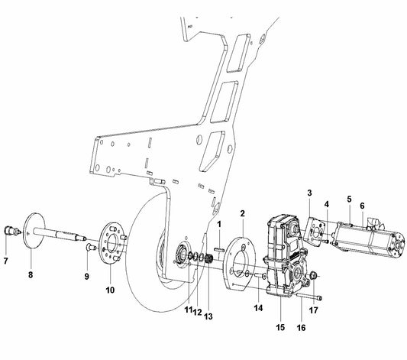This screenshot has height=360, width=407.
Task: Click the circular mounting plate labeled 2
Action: pyautogui.click(x=242, y=260)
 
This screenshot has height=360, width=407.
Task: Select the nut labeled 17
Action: pyautogui.click(x=316, y=274)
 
